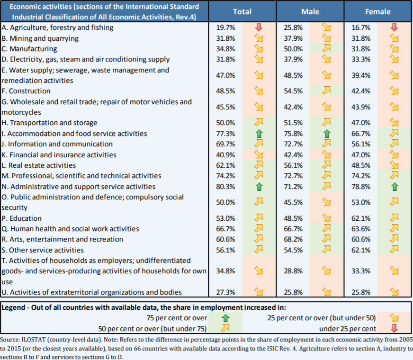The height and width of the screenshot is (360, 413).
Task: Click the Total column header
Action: click(x=242, y=11)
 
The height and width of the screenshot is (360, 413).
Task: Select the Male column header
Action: click(x=310, y=11)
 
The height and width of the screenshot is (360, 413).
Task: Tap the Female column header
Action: click(x=378, y=11)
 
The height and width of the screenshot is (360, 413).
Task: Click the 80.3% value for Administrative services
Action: click(x=225, y=187)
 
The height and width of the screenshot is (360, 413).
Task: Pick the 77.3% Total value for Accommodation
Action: click(x=225, y=134)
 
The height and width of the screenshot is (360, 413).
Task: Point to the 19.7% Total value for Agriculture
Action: click(x=225, y=27)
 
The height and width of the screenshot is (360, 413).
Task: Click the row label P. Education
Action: click(x=22, y=218)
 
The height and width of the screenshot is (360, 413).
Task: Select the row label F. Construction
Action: click(x=27, y=91)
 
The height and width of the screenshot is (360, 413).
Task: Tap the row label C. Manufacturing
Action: click(x=29, y=49)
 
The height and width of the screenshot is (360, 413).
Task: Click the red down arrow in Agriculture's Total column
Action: click(x=258, y=27)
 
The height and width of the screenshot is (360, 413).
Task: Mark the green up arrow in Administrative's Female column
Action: click(x=394, y=187)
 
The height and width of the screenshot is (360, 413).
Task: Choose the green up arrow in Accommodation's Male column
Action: click(x=326, y=134)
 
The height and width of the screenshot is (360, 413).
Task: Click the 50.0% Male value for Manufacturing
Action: click(x=294, y=49)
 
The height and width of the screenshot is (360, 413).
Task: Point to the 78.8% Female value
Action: click(x=362, y=187)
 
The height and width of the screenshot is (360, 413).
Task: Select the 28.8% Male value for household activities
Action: click(x=294, y=271)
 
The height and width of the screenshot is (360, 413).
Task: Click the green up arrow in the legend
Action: click(x=225, y=318)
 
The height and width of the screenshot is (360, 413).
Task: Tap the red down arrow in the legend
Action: click(x=394, y=328)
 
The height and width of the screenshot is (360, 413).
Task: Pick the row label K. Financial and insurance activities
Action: click(x=59, y=155)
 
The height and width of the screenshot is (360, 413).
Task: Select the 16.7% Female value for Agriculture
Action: click(x=362, y=27)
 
